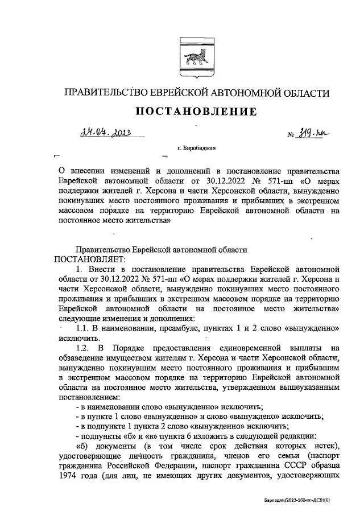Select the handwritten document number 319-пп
[x=316, y=134]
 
